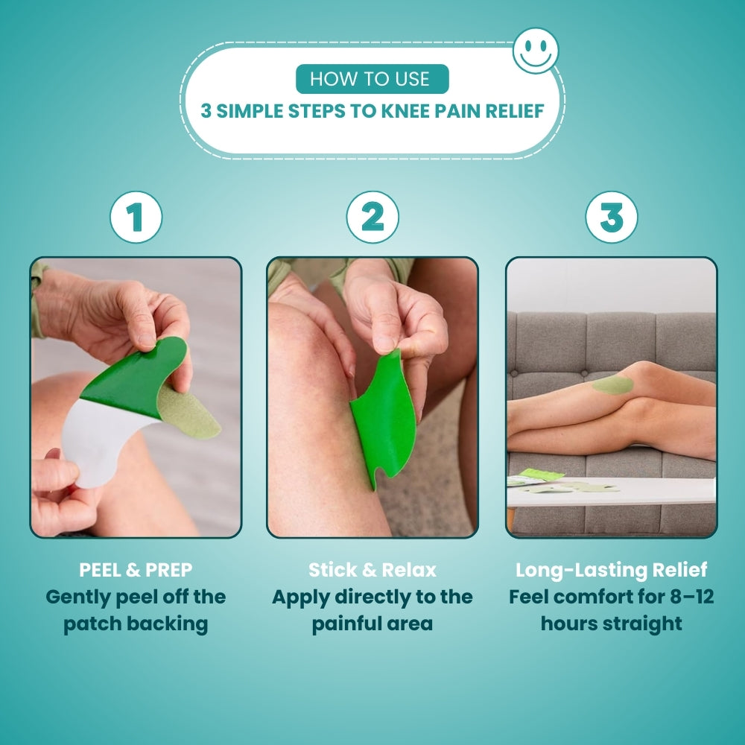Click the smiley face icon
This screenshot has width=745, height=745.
tap(536, 51)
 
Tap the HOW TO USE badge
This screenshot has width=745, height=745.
tap(372, 79)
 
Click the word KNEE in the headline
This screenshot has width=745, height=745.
tap(408, 111)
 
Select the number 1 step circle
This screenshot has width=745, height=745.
tap(136, 218)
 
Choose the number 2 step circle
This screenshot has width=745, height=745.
tap(372, 218)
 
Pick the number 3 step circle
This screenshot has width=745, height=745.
tap(611, 218)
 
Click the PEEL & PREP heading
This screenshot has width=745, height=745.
tap(136, 570)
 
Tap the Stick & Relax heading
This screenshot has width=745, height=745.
tap(372, 570)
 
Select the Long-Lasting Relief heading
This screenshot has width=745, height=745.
tap(611, 570)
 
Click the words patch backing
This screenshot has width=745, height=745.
tap(136, 624)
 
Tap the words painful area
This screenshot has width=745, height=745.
tap(372, 624)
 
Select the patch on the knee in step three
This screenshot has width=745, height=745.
tap(613, 384)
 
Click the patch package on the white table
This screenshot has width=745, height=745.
tap(542, 475)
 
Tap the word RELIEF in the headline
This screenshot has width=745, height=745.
tap(515, 111)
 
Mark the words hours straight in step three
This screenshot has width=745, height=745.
tap(611, 624)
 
